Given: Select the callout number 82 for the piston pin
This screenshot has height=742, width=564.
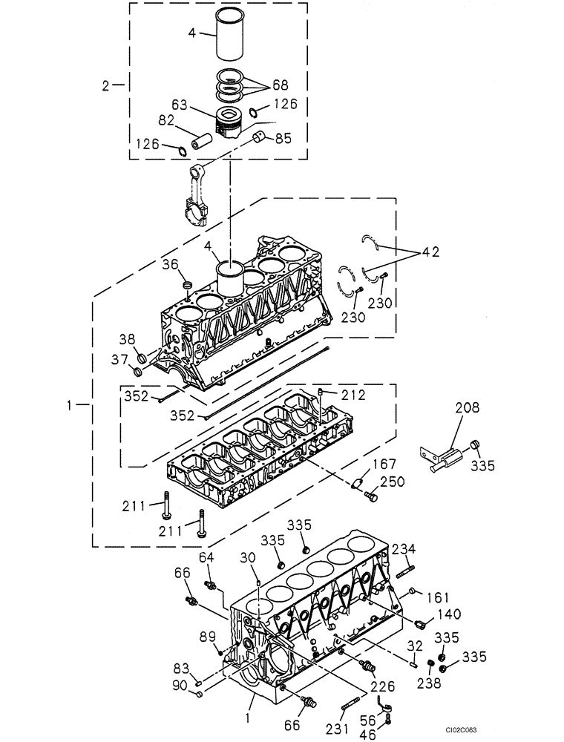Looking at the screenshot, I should point(167,119).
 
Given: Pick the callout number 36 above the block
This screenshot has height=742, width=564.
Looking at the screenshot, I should point(170,264).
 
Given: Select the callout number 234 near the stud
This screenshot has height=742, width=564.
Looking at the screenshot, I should point(404,548).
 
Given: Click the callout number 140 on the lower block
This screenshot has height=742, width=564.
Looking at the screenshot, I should point(448,614).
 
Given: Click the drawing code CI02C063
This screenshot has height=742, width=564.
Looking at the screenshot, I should point(524,730).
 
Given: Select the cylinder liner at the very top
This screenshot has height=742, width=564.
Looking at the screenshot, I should point(229,35).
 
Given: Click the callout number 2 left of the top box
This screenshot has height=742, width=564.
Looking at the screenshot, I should point(108,85).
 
